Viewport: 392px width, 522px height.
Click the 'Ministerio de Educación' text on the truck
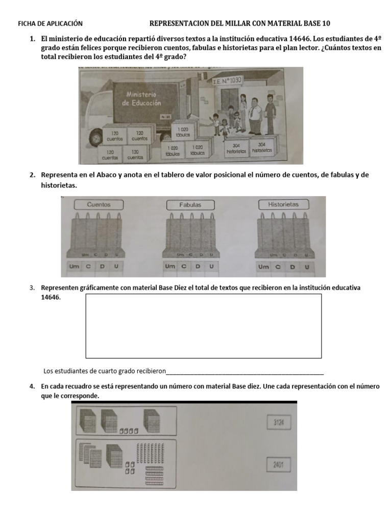pyautogui.click(x=141, y=98)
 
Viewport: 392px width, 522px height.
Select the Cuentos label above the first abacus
pyautogui.click(x=99, y=204)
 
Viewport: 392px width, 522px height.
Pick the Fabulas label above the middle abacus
pyautogui.click(x=190, y=205)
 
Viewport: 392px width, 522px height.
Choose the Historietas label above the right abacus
pyautogui.click(x=283, y=204)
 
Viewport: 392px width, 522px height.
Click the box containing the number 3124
pyautogui.click(x=278, y=422)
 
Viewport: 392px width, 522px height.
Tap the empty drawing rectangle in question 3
pyautogui.click(x=203, y=326)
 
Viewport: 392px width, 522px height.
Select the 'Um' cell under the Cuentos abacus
pyautogui.click(x=74, y=266)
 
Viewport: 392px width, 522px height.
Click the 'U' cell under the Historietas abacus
pyautogui.click(x=307, y=267)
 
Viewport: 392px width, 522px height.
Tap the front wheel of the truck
pyautogui.click(x=95, y=138)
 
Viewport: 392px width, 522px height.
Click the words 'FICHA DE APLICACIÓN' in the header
pyautogui.click(x=50, y=23)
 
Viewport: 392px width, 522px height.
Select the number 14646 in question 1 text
pyautogui.click(x=299, y=39)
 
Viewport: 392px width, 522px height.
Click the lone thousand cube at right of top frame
pyautogui.click(x=154, y=421)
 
